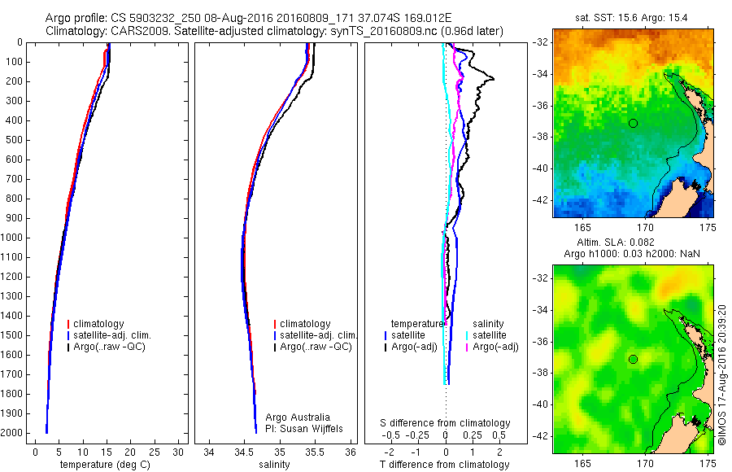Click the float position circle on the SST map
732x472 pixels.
pyautogui.click(x=633, y=123)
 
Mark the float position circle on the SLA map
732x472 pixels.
pyautogui.click(x=633, y=359)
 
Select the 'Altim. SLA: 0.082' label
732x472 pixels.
pyautogui.click(x=633, y=243)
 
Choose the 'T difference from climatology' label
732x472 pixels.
pyautogui.click(x=445, y=465)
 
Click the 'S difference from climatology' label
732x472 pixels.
pyautogui.click(x=446, y=423)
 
